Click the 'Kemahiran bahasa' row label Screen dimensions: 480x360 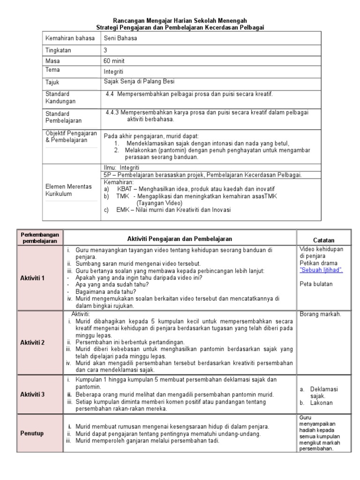tap(70, 38)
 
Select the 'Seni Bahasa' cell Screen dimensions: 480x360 tap(120, 38)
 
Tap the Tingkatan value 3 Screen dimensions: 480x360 tap(105, 50)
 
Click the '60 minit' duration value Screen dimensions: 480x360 tap(115, 61)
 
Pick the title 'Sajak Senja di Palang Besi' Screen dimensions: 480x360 tap(139, 82)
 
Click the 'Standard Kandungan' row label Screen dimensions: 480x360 tap(60, 98)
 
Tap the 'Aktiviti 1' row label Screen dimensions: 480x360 tap(32, 278)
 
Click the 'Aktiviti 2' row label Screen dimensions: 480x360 tap(32, 343)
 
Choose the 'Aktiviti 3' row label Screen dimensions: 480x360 tap(32, 394)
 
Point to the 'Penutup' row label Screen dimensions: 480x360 tap(32, 433)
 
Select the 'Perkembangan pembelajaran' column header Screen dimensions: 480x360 tap(40, 237)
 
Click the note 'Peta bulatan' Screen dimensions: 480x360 tap(315, 284)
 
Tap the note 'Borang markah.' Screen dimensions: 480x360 tap(321, 314)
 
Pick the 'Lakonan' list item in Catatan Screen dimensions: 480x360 tap(321, 403)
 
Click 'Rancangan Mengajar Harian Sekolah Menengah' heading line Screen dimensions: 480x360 tap(180, 21)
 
